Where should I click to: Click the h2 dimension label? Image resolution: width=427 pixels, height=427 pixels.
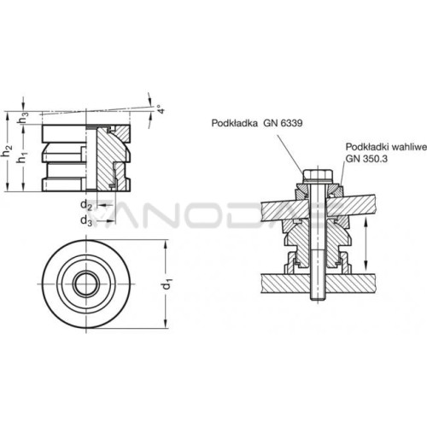(7, 151)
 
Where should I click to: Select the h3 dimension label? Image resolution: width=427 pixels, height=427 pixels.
(24, 118)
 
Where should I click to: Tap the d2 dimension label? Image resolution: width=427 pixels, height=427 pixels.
(86, 205)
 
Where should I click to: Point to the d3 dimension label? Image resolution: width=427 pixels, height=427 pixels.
(86, 220)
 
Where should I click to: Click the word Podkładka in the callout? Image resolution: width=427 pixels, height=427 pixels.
(235, 123)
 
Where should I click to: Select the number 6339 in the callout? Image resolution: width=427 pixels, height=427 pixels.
(291, 123)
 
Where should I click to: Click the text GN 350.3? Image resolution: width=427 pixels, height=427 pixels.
(366, 159)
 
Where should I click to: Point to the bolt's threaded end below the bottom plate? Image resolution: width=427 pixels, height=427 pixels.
(318, 296)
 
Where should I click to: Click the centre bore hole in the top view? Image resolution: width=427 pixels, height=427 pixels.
(86, 284)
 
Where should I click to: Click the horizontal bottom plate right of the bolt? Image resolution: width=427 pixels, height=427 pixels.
(349, 284)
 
